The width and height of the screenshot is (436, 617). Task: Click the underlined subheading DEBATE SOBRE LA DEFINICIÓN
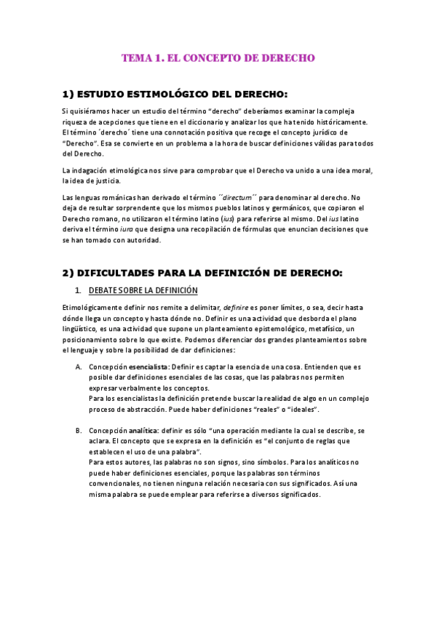[x=148, y=290]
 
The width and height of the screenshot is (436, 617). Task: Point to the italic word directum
[x=238, y=196]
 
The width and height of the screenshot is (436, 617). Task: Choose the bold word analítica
[x=138, y=431]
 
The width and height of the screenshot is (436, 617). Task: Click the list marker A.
[x=79, y=367]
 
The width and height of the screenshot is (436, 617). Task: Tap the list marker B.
[x=79, y=431]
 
